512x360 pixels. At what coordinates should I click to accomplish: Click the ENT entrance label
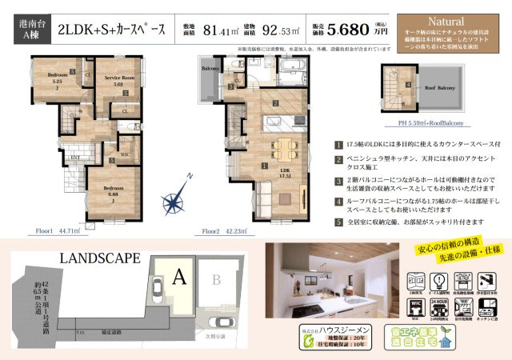click(74, 158)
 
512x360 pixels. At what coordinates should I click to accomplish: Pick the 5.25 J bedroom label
click(57, 77)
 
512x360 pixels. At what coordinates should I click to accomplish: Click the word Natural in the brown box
click(446, 20)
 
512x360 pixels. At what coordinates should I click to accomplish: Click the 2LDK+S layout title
click(112, 30)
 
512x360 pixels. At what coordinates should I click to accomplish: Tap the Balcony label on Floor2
click(210, 69)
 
